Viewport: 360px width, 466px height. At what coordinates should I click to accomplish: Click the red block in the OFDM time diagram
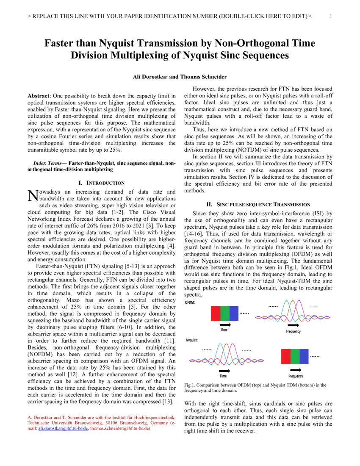tap(216, 313)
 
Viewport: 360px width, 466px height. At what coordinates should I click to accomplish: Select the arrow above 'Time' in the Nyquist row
tap(223, 371)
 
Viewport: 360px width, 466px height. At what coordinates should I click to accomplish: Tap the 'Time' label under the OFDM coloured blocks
tap(224, 330)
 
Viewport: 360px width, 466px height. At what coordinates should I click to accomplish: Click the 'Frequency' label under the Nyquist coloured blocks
tap(296, 376)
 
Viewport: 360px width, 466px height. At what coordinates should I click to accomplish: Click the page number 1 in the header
tap(331, 17)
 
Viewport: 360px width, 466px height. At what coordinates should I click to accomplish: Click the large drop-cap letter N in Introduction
tap(32, 195)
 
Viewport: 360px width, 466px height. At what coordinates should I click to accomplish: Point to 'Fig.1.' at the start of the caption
tap(190, 385)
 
